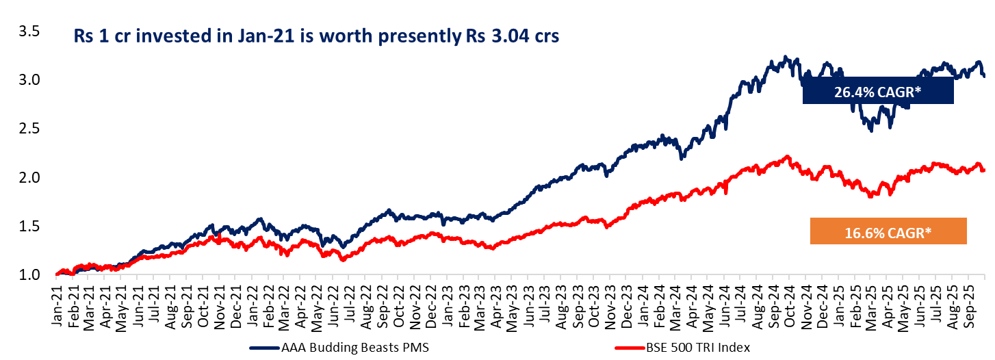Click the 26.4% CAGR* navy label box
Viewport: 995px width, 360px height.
tap(878, 90)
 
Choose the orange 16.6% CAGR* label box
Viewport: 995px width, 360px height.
tap(888, 231)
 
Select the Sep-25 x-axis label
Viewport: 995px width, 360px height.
tap(970, 298)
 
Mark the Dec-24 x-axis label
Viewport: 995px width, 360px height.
tap(825, 298)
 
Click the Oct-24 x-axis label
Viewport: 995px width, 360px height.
tap(792, 298)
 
